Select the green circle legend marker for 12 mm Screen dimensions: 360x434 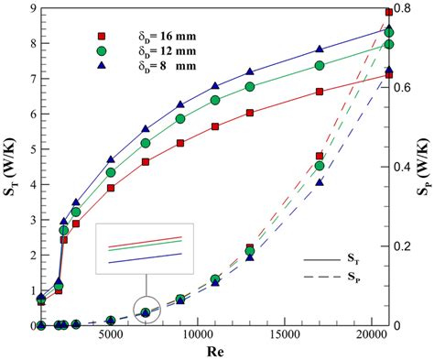101,51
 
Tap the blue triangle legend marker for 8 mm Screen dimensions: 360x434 101,67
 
